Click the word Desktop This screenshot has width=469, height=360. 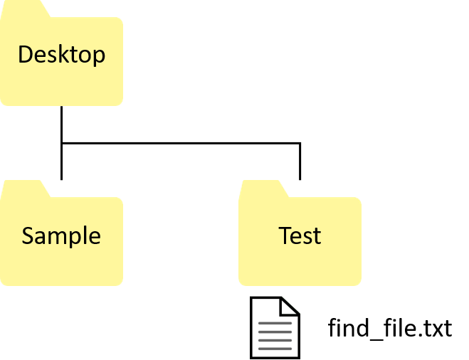(x=61, y=55)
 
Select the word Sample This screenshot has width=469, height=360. (x=60, y=235)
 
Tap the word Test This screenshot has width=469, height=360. (x=300, y=235)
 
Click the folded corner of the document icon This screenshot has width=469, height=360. (x=290, y=306)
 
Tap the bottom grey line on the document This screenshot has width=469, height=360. (x=275, y=349)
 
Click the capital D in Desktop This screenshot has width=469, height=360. (x=25, y=55)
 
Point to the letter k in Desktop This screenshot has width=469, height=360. (x=63, y=55)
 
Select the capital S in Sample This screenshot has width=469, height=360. (x=28, y=235)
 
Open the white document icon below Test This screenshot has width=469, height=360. (x=275, y=328)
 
